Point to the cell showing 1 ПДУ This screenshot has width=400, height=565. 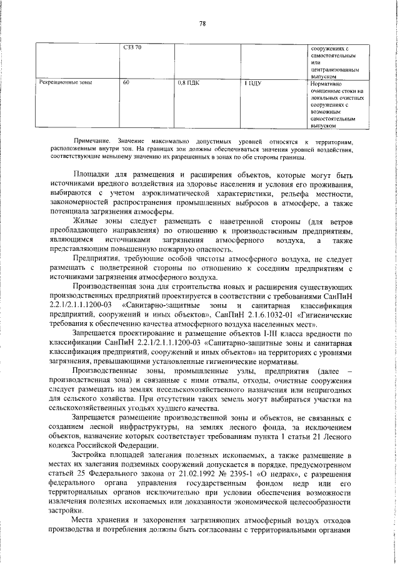(x=254, y=82)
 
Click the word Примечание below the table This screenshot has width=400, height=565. (x=91, y=142)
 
